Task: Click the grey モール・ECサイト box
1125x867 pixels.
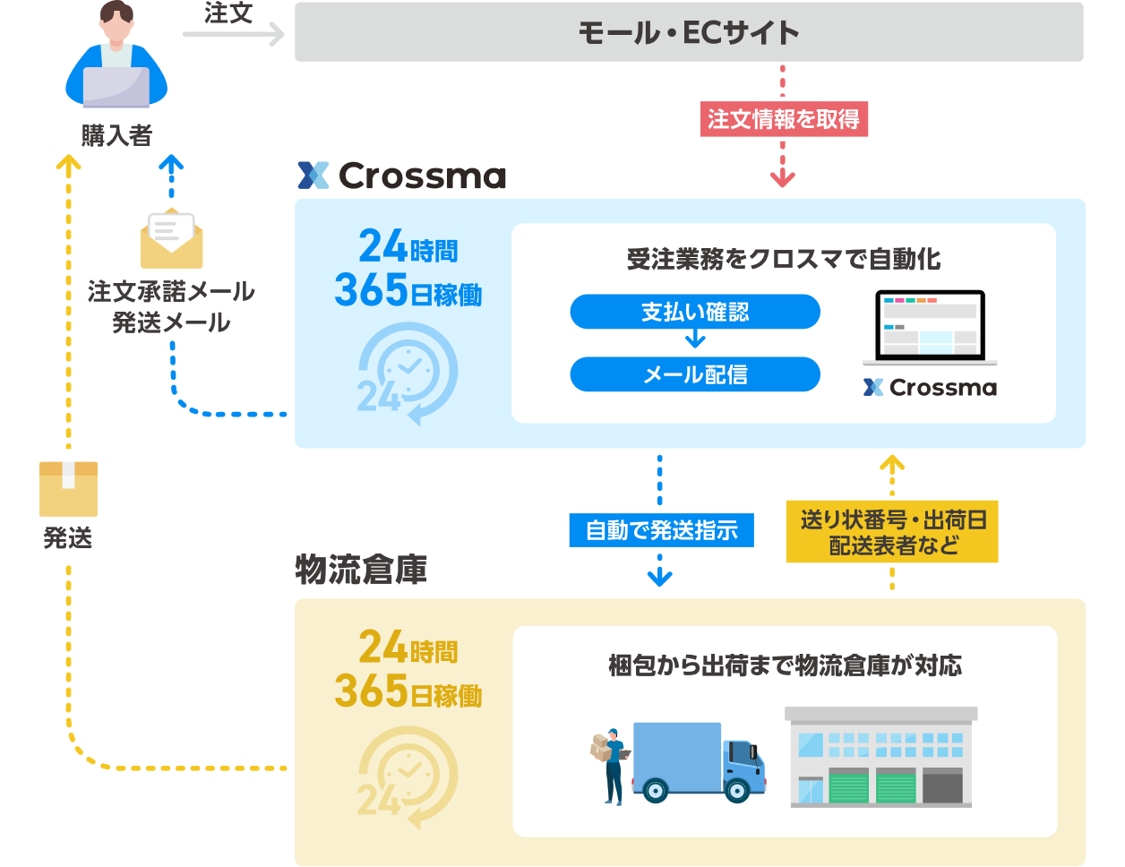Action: click(688, 32)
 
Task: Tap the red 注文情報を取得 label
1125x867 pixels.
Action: click(784, 119)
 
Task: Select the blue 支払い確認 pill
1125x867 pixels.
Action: click(695, 312)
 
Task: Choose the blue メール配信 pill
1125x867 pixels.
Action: click(695, 374)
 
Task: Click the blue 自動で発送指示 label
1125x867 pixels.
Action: click(661, 530)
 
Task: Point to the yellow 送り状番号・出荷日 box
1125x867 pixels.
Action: click(891, 531)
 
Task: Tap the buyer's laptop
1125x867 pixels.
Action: click(116, 87)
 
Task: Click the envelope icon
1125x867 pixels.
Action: click(171, 238)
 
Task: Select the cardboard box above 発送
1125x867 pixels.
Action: click(68, 489)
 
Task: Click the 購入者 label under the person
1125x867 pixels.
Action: click(116, 135)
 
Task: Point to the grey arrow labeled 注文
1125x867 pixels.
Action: click(234, 35)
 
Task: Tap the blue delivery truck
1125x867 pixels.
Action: click(699, 762)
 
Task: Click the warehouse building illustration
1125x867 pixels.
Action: click(880, 757)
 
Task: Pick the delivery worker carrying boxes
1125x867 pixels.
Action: click(610, 767)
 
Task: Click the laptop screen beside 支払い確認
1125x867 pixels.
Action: click(930, 326)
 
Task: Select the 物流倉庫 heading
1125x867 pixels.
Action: click(361, 570)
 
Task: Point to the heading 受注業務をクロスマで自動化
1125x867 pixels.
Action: click(784, 259)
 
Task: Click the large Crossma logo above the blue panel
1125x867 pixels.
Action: click(402, 176)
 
